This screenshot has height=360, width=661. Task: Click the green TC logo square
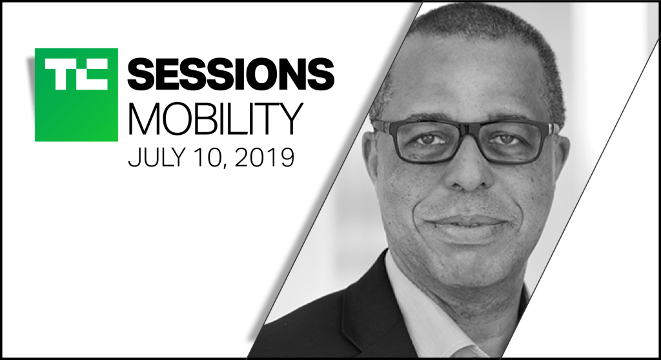pos(76,95)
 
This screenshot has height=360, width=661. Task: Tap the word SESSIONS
pos(231,75)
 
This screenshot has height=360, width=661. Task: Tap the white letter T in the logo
pos(59,74)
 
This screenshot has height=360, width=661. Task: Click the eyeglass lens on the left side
pos(427,142)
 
